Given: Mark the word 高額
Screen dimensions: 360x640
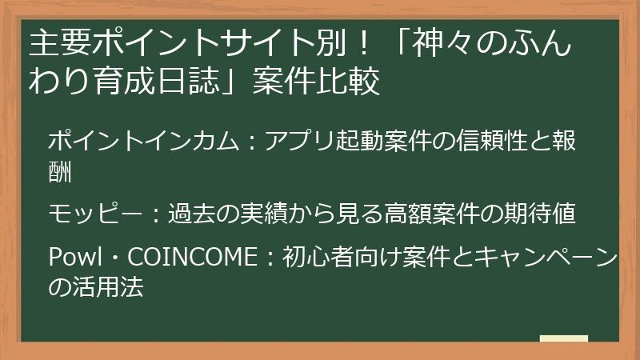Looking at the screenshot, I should pyautogui.click(x=408, y=214).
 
